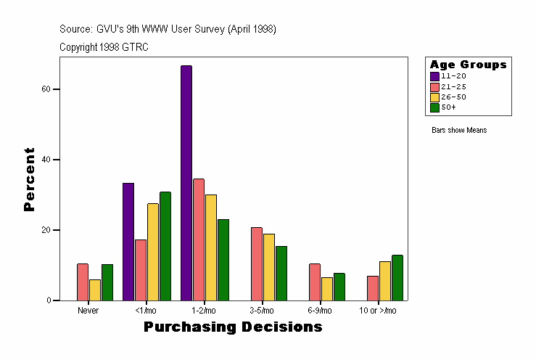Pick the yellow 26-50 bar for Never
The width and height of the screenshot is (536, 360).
coord(95,290)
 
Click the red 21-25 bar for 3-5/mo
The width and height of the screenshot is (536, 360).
coord(257,263)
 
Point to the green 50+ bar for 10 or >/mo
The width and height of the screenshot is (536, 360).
coord(397,278)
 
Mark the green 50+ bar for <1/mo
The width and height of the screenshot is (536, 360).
coord(165,246)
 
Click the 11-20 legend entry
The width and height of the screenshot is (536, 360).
coord(450,76)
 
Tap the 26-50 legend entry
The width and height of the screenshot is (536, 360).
coord(450,97)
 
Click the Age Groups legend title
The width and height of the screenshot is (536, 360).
coord(468,65)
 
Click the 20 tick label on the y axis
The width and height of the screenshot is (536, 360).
coord(45,230)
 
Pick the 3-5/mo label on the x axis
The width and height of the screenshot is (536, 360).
coord(263,310)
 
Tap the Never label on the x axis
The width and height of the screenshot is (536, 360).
coord(88,310)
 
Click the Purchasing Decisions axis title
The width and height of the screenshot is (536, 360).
coord(233,327)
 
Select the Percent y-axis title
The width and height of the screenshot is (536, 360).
coord(29,179)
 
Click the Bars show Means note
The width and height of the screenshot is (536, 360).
coord(459,130)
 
